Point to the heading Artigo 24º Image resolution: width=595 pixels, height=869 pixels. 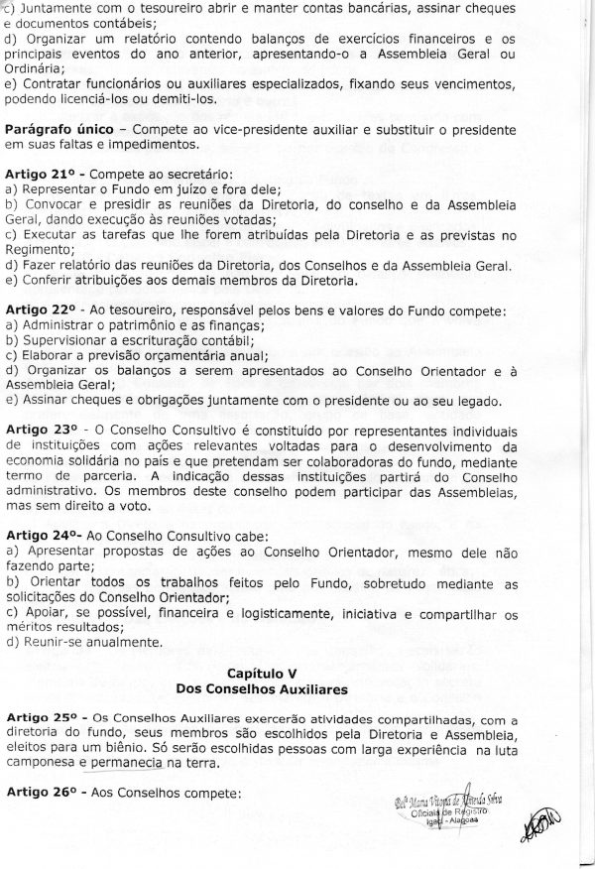[42, 534]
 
